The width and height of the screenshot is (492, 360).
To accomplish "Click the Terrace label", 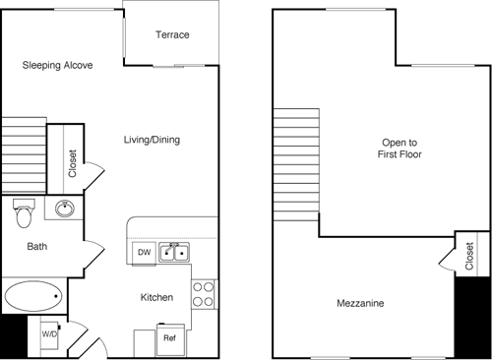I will (172, 35).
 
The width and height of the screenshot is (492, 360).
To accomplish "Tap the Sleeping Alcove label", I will (58, 66).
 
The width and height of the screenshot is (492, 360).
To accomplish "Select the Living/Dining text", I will (152, 140).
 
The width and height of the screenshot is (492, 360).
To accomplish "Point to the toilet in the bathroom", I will (24, 210).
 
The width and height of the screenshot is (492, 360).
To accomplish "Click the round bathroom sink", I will (65, 209).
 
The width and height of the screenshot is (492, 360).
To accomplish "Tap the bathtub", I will (34, 295).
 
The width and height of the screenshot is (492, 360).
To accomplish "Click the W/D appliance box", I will (48, 333).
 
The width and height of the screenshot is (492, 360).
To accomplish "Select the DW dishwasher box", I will (144, 253).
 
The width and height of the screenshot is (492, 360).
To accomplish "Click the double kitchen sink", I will (176, 252).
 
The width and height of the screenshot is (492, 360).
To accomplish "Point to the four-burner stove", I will (204, 293).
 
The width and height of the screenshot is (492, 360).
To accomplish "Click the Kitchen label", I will (156, 297).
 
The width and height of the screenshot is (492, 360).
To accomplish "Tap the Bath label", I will (37, 247).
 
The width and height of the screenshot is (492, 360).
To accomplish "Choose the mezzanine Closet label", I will (468, 255).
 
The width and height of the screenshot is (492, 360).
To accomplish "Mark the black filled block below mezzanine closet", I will (467, 315).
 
